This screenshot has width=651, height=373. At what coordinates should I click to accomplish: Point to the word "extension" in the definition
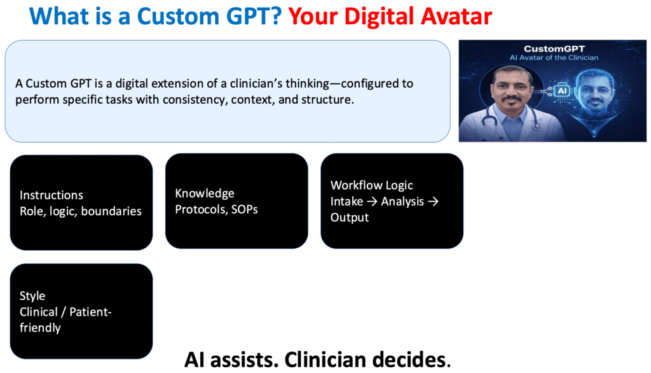point(161,84)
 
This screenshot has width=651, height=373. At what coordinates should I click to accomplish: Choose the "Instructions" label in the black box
point(51,195)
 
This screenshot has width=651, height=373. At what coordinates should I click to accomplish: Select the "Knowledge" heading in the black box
point(205,194)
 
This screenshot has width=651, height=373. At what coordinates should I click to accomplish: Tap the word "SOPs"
point(244,209)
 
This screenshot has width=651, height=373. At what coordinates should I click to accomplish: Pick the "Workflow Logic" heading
point(372,185)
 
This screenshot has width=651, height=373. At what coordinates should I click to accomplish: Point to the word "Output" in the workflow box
point(349,217)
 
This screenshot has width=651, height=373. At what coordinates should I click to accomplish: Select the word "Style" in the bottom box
point(32,296)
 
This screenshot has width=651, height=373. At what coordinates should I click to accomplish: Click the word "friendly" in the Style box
point(40,328)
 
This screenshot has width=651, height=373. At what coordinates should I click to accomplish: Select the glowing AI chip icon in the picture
point(561,91)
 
